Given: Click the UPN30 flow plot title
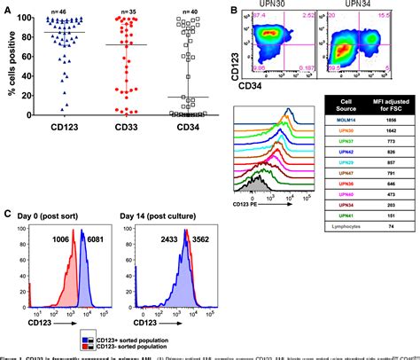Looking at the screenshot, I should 276,7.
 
